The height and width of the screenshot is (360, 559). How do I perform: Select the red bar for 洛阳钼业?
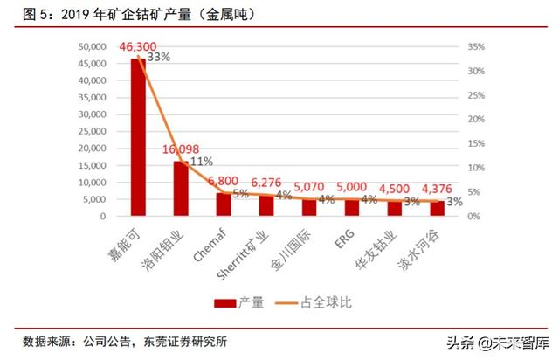(181, 188)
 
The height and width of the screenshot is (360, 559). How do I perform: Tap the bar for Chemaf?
(224, 204)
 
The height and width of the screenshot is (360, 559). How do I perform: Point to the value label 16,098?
(182, 149)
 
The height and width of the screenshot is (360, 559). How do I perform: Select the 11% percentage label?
(202, 161)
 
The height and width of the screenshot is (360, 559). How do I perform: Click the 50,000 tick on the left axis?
(96, 47)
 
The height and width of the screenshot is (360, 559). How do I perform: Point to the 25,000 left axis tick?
(96, 131)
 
